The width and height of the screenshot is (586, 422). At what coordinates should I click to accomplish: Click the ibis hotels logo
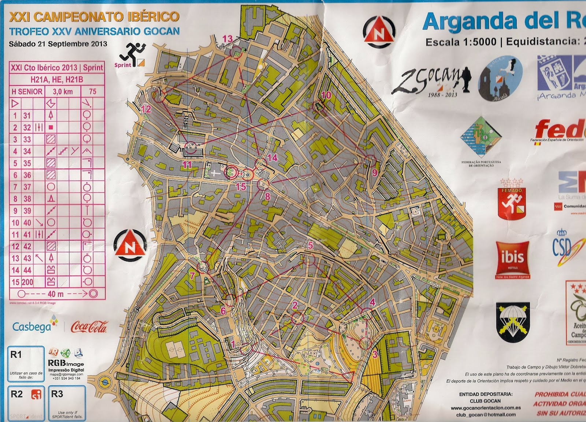(x=512, y=259)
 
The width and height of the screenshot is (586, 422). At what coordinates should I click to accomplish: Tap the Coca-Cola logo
(x=89, y=326)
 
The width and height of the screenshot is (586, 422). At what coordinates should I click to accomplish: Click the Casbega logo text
(x=31, y=327)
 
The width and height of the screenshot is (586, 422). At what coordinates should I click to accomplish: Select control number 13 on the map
(x=227, y=39)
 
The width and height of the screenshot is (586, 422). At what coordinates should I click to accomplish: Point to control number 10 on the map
(x=326, y=95)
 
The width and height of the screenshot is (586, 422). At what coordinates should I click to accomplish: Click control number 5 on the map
(x=311, y=245)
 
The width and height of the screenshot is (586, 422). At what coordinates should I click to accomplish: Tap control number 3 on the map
(x=375, y=354)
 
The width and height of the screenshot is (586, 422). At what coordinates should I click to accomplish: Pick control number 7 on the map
(x=192, y=275)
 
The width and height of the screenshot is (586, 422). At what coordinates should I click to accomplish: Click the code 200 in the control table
(x=27, y=282)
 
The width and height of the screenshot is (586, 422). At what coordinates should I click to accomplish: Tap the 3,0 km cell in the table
(x=63, y=91)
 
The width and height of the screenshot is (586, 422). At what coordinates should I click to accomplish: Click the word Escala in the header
(x=442, y=42)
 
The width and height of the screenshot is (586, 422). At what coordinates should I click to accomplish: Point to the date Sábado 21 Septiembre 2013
(x=58, y=44)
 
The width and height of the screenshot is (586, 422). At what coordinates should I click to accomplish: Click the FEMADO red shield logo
(x=512, y=199)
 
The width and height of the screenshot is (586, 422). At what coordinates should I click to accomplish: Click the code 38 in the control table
(x=27, y=199)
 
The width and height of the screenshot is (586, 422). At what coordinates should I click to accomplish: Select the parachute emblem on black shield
(x=513, y=322)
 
